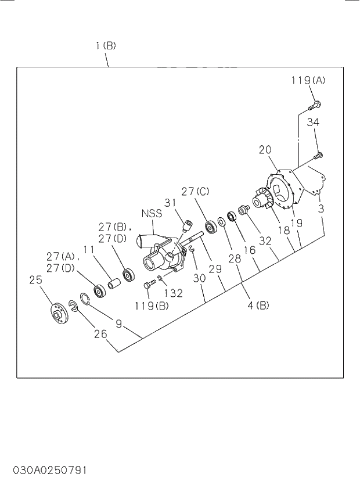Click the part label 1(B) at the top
pyautogui.click(x=106, y=45)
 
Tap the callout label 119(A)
pyautogui.click(x=308, y=81)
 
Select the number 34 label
pyautogui.click(x=313, y=122)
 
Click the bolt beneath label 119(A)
pyautogui.click(x=315, y=106)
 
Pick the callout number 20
pyautogui.click(x=265, y=150)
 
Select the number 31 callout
pyautogui.click(x=170, y=202)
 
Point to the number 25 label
pyautogui.click(x=36, y=279)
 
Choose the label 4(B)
pyautogui.click(x=258, y=305)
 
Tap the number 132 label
pyautogui.click(x=172, y=293)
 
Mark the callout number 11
pyautogui.click(x=88, y=250)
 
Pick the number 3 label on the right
pyautogui.click(x=321, y=207)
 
